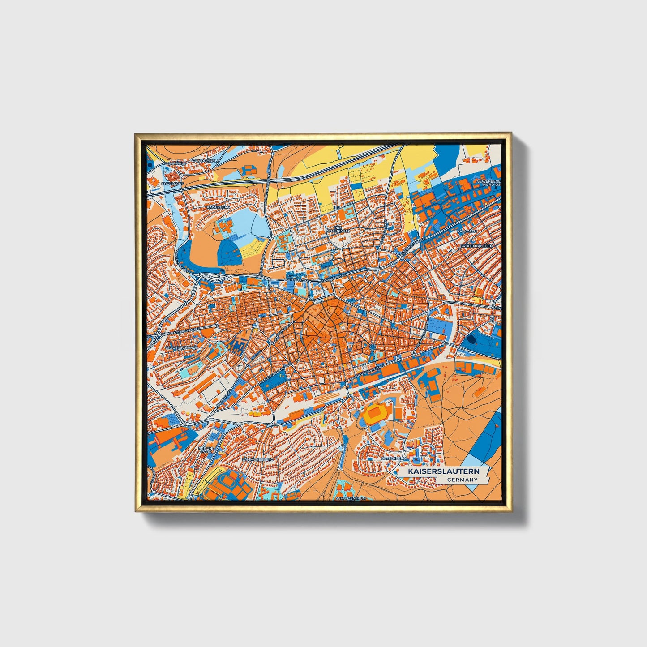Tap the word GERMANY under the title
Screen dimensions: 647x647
[462, 480]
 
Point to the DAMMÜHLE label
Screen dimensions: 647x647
[175, 164]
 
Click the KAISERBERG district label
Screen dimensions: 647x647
[218, 208]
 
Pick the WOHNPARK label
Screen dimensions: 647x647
[337, 231]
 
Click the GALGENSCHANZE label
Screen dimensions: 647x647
[181, 347]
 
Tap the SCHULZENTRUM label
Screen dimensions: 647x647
[351, 498]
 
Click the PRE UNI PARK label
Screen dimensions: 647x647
[207, 450]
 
